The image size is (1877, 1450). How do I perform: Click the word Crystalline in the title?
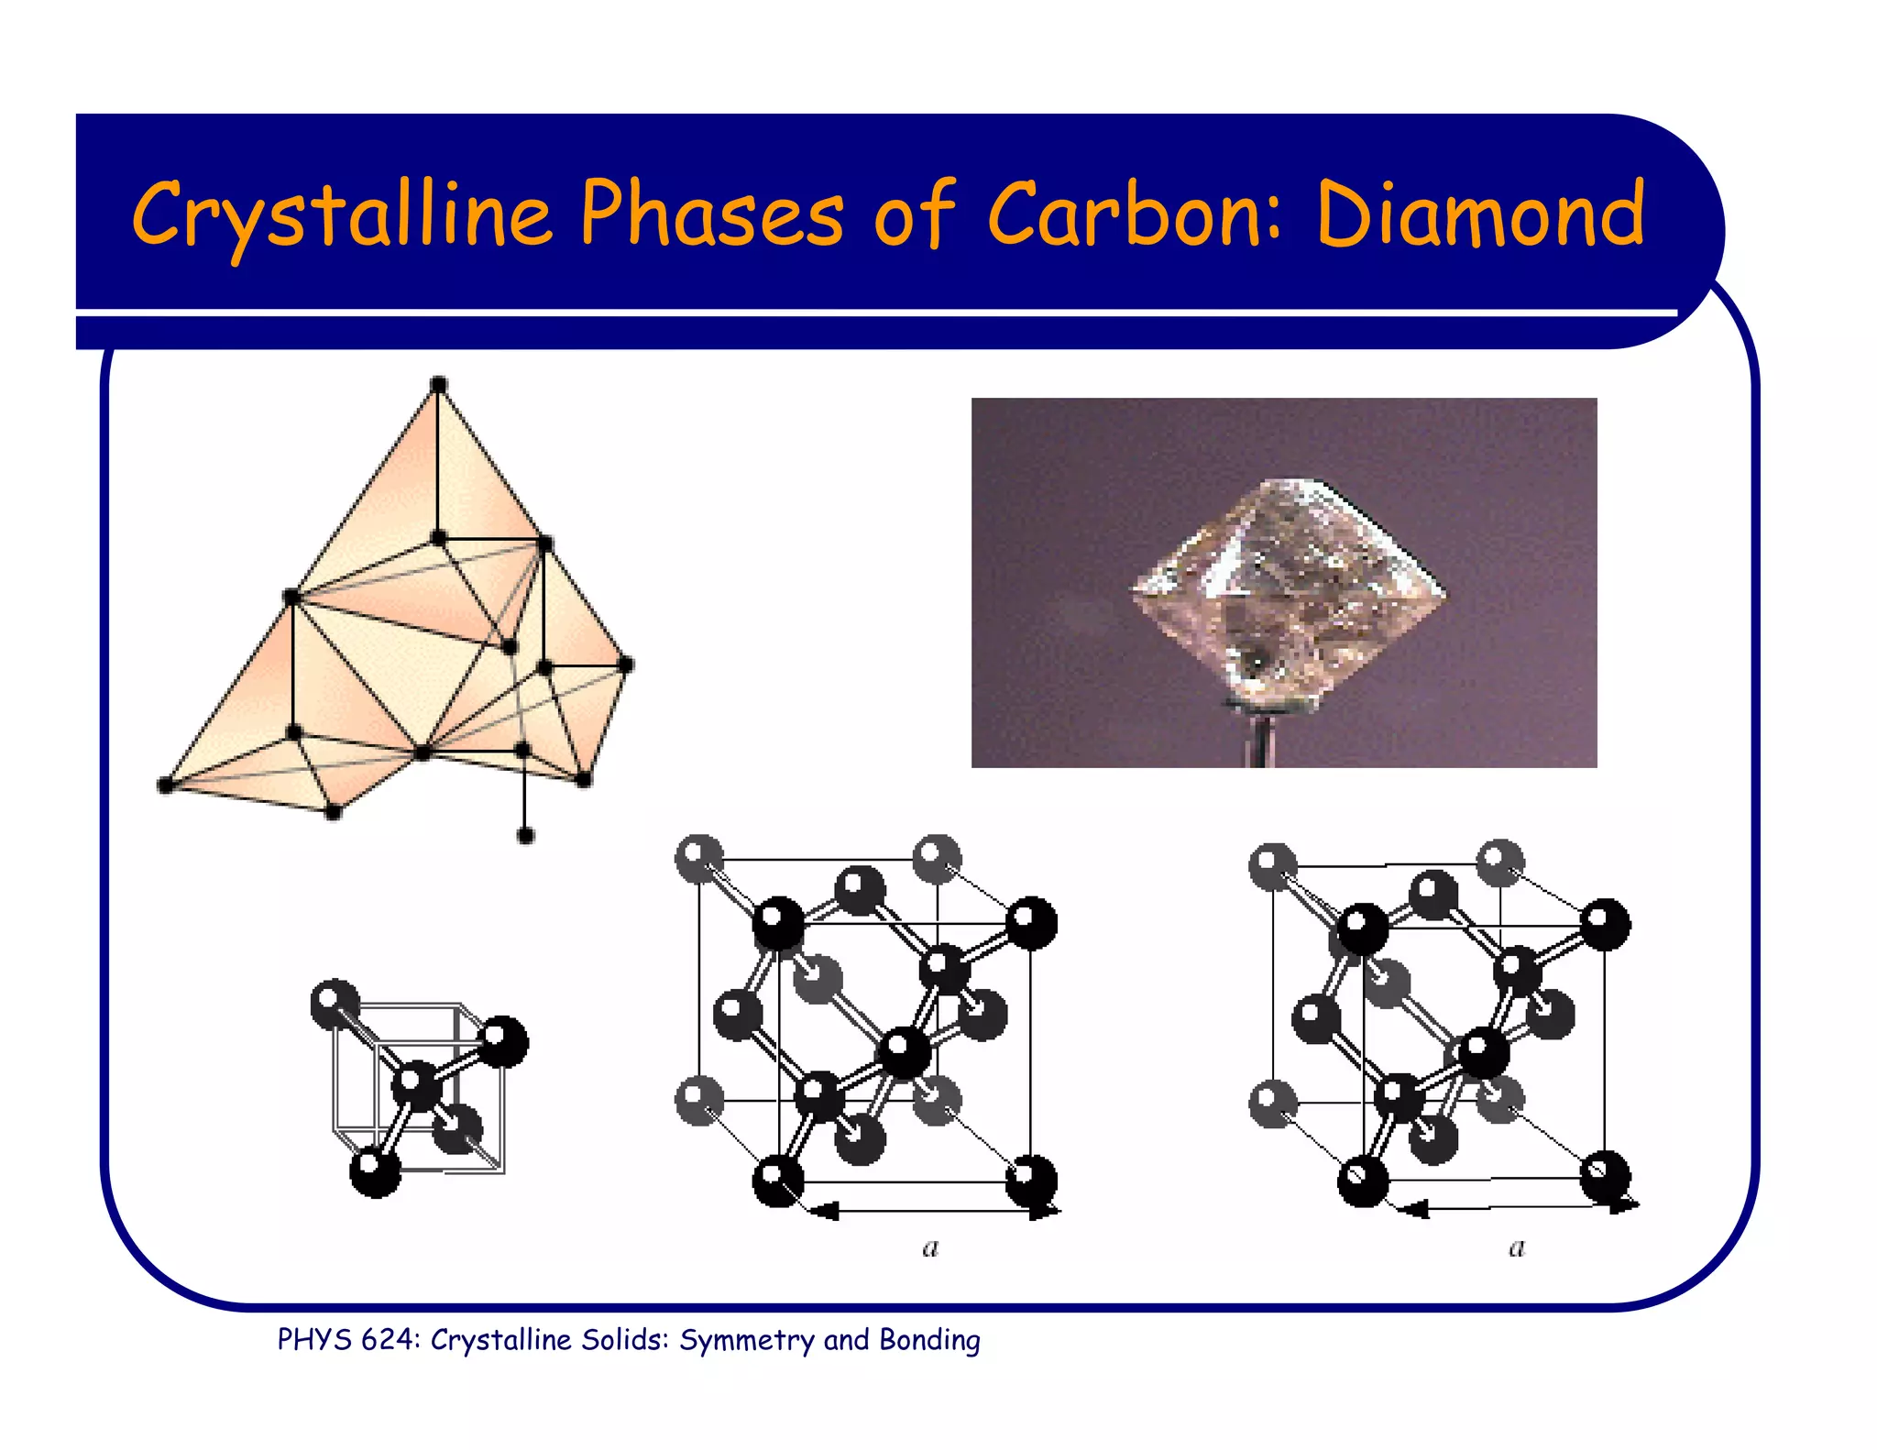pyautogui.click(x=341, y=214)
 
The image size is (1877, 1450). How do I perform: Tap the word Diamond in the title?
pyautogui.click(x=1480, y=214)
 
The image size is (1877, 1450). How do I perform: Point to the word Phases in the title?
pyautogui.click(x=711, y=214)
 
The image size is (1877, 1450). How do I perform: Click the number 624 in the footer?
pyautogui.click(x=387, y=1340)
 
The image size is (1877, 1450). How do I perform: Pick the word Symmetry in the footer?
pyautogui.click(x=746, y=1340)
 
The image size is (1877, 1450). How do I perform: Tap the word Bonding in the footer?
pyautogui.click(x=929, y=1340)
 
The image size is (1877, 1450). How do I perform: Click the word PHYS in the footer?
pyautogui.click(x=314, y=1340)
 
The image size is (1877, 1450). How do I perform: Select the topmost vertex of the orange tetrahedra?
pyautogui.click(x=438, y=385)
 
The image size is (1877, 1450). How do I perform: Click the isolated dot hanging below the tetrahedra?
pyautogui.click(x=525, y=835)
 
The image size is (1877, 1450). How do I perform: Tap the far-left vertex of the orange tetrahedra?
pyautogui.click(x=166, y=785)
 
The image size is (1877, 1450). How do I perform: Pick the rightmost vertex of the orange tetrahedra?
pyautogui.click(x=626, y=665)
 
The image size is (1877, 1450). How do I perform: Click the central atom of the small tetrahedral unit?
pyautogui.click(x=417, y=1085)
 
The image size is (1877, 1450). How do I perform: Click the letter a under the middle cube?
pyautogui.click(x=930, y=1247)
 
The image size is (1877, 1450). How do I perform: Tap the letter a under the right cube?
pyautogui.click(x=1517, y=1247)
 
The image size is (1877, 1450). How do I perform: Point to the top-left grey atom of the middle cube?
pyautogui.click(x=698, y=858)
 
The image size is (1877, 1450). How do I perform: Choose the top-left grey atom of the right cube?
pyautogui.click(x=1272, y=866)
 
